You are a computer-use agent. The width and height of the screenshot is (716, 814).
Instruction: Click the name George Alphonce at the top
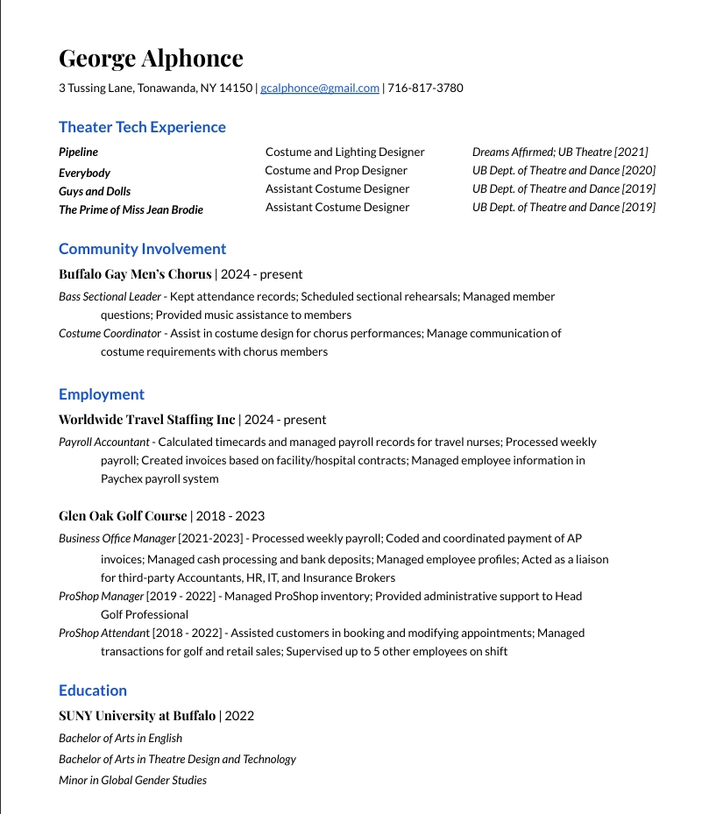151,59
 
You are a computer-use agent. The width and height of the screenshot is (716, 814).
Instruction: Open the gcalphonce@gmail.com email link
320,88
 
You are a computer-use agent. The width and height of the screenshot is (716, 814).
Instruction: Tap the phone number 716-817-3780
425,88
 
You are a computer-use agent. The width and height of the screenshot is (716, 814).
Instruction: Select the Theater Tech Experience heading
142,127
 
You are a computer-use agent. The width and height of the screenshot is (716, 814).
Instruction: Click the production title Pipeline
78,152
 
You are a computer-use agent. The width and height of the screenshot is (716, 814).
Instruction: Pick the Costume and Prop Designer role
336,170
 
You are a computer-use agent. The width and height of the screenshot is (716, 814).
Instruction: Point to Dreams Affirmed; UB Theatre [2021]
560,152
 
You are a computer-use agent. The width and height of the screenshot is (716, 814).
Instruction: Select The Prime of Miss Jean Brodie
131,209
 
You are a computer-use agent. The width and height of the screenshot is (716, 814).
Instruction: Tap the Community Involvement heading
142,249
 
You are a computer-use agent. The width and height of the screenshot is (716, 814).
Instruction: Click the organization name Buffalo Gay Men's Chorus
135,274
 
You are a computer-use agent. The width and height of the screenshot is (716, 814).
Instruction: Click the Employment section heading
102,394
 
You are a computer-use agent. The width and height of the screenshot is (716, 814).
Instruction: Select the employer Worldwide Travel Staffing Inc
146,420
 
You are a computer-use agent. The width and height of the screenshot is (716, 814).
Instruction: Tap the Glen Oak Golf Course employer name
123,516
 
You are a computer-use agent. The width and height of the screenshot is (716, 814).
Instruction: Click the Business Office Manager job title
117,539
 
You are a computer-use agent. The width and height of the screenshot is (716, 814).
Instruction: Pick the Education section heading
93,690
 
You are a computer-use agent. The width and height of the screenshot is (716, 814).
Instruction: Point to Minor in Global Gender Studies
132,780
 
